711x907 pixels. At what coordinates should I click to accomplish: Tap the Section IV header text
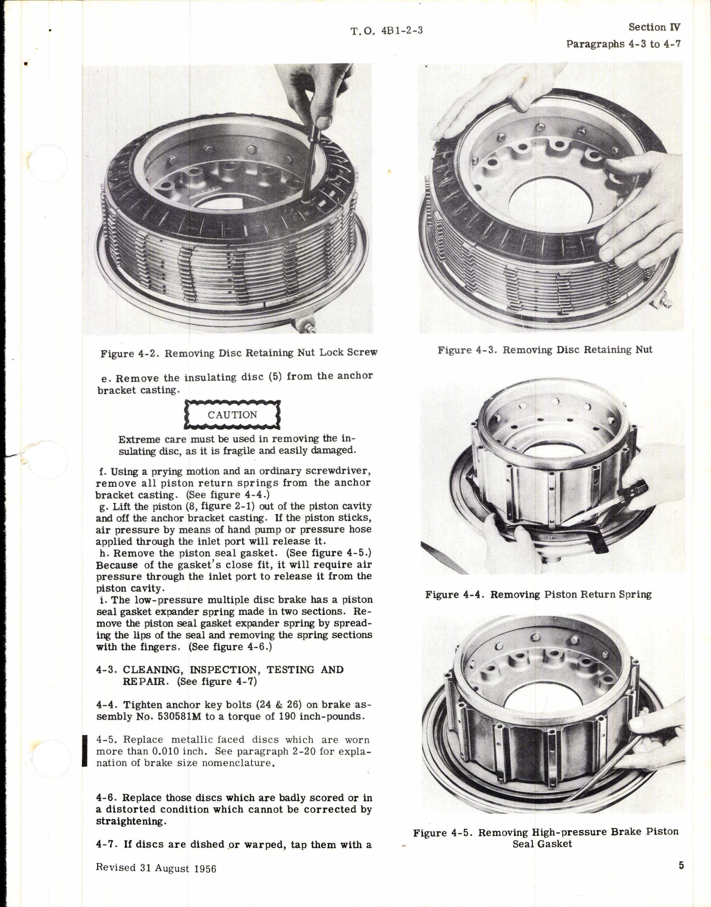click(654, 28)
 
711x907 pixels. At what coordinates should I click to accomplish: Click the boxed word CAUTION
click(232, 415)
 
